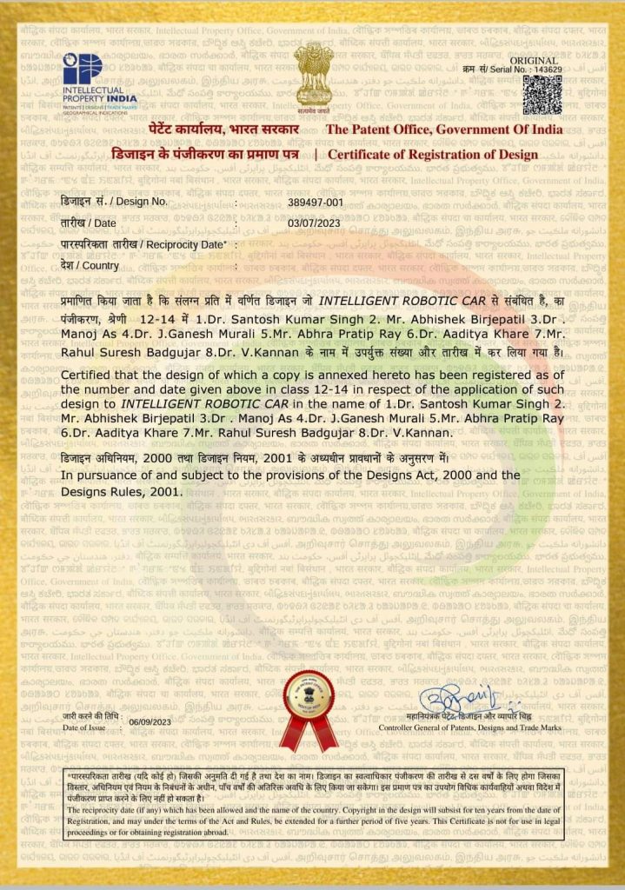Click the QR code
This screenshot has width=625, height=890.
tap(542, 95)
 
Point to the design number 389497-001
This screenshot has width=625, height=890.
tap(316, 202)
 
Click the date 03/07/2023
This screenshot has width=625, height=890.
tap(312, 222)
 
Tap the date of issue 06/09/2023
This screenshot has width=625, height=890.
tap(150, 722)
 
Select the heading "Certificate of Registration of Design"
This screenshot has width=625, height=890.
tap(433, 155)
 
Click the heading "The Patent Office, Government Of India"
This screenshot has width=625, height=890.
tap(443, 130)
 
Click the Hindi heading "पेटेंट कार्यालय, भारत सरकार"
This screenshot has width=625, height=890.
tap(236, 130)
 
